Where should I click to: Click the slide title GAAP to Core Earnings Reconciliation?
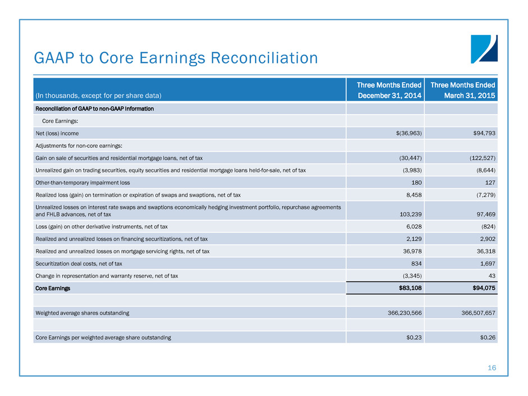point(176,58)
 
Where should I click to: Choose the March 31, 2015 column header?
point(463,90)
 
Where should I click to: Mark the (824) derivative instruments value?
point(486,226)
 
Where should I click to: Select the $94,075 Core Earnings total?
point(481,288)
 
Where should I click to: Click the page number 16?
point(492,368)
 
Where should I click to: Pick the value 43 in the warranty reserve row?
point(491,276)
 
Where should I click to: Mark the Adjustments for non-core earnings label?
point(74,145)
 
